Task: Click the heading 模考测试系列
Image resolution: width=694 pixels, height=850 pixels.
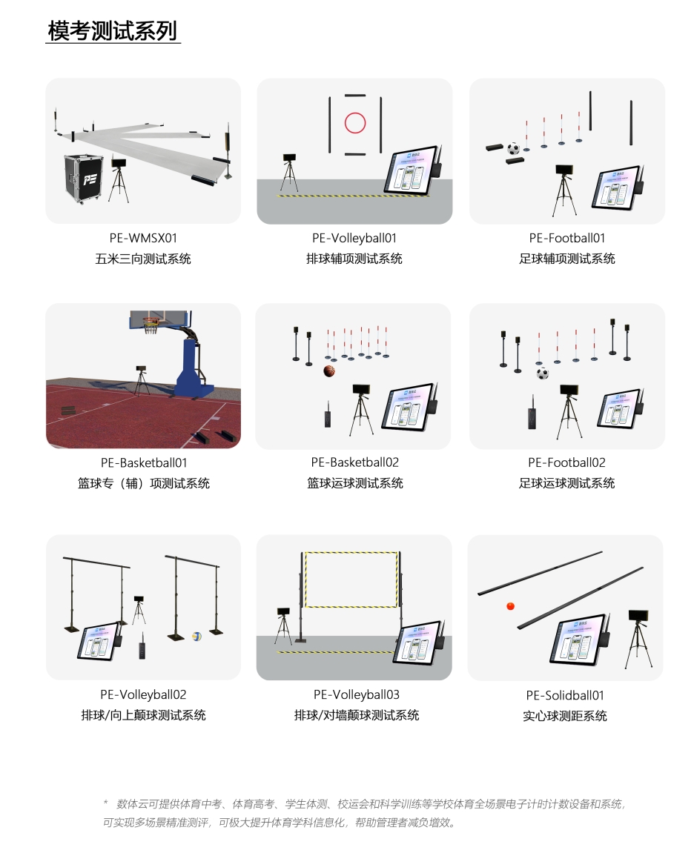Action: coord(113,30)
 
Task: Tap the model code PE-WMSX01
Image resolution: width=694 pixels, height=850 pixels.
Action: coord(143,239)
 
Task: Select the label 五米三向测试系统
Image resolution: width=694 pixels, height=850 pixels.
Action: coord(143,259)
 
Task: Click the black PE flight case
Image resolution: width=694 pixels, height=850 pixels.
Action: coord(83,177)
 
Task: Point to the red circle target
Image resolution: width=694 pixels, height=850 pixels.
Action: coord(355,122)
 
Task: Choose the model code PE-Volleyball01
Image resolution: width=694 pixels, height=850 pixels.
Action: coord(354,239)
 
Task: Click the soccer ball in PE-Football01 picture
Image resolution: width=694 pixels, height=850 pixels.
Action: coord(513,149)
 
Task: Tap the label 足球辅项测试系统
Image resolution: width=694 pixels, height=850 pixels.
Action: coord(567,259)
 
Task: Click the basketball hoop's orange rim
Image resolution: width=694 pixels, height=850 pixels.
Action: coord(151,321)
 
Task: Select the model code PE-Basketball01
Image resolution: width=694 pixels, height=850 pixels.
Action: coord(144,463)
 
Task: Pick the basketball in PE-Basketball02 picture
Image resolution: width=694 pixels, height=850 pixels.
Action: coord(329,371)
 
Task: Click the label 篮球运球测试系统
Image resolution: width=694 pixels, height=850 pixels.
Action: coord(355,483)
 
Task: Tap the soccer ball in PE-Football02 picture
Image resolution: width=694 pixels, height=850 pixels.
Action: coord(543,373)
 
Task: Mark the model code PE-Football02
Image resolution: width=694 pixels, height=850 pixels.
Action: coord(566,463)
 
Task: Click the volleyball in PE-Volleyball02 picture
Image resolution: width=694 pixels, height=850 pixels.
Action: coord(196,636)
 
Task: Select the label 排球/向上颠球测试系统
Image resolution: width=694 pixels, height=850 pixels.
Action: coord(143,716)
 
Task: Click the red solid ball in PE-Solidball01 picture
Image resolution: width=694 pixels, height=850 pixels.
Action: coord(510,606)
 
